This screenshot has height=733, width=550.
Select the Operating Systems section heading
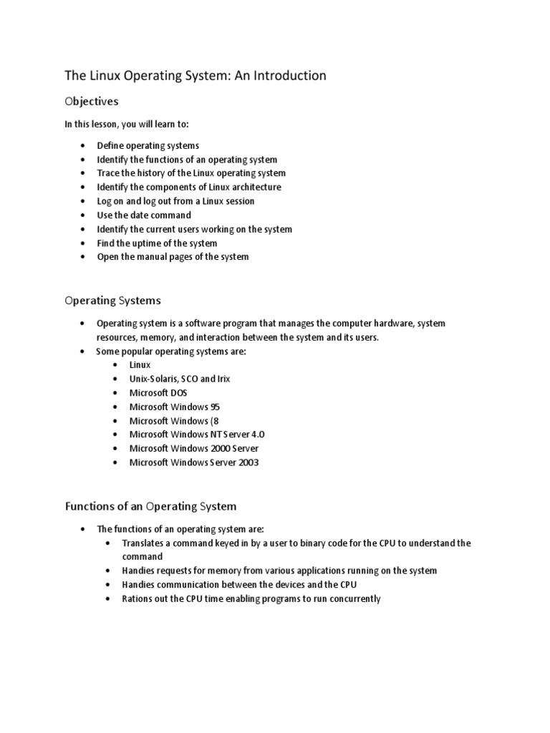(113, 300)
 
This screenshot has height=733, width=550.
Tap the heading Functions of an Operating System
(150, 506)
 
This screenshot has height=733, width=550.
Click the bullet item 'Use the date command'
(144, 215)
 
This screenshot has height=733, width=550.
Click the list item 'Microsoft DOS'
(158, 392)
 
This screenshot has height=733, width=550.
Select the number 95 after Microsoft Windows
(216, 407)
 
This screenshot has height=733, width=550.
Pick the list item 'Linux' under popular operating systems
(140, 364)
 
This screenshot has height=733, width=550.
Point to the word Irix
(221, 379)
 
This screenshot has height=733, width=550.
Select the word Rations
(137, 598)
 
